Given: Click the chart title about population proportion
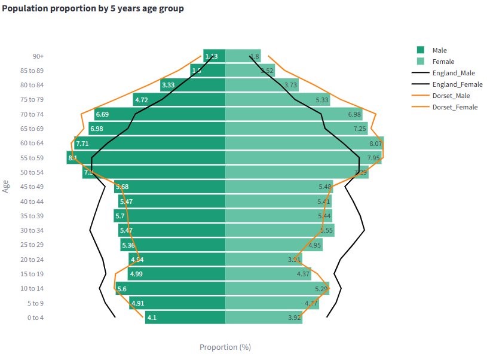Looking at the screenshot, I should [93, 9].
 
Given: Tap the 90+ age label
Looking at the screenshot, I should [38, 56].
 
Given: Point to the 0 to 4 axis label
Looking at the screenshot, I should [35, 318].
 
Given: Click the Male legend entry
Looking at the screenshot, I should [439, 50].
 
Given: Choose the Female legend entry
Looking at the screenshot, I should [443, 62].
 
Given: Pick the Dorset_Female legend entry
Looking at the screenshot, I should [455, 107].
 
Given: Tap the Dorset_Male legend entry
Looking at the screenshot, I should [452, 96].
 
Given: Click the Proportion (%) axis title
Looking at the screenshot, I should [225, 347].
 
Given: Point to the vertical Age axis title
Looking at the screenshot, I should [7, 186].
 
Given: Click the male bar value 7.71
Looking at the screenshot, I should [82, 144].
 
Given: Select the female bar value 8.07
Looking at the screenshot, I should [375, 144].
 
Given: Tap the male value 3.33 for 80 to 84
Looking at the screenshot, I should [168, 86].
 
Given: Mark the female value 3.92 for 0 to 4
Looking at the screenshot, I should [293, 318].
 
